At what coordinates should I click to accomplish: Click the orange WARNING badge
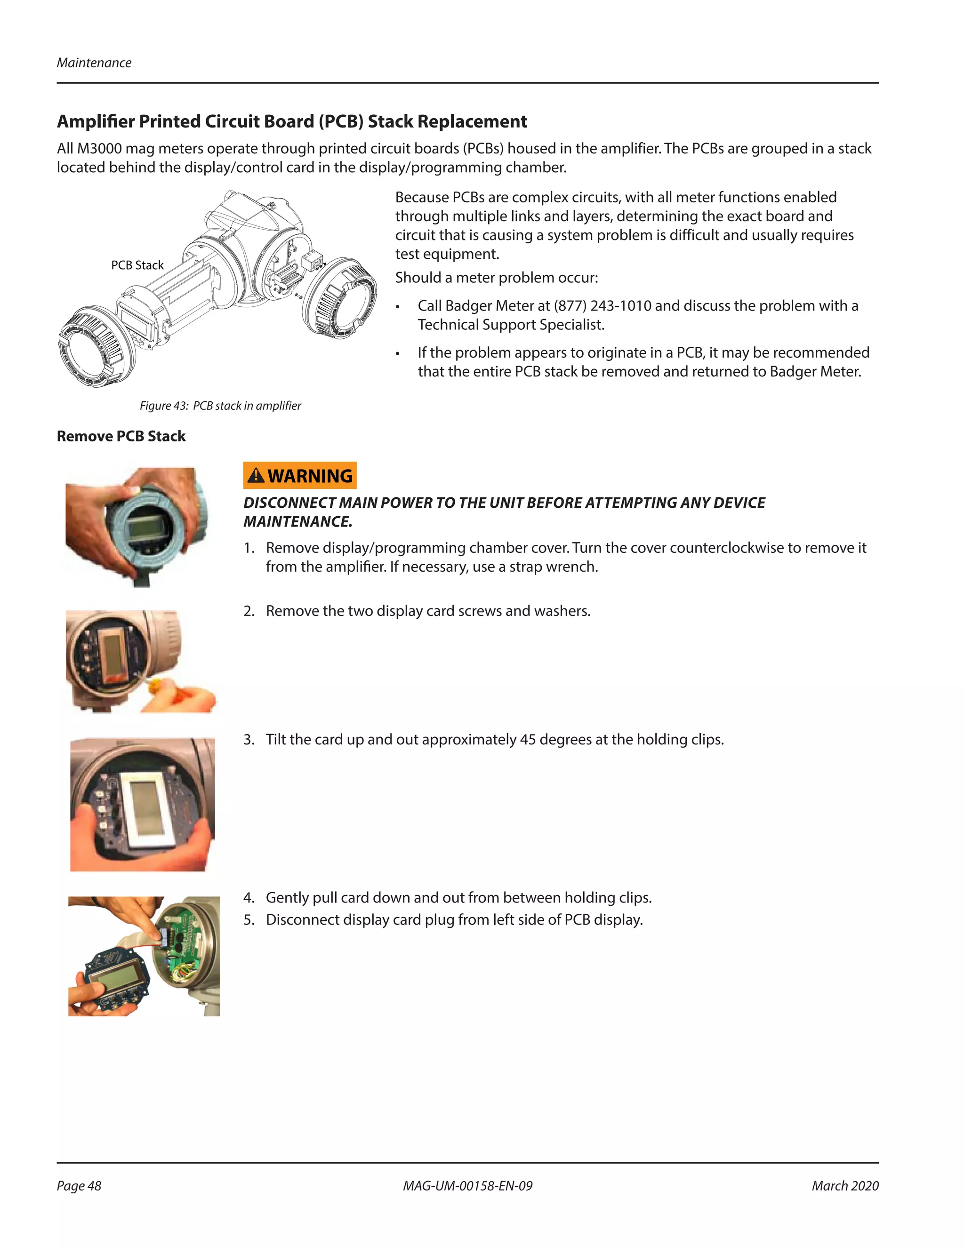point(300,475)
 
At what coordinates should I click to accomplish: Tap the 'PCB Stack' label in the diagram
point(137,265)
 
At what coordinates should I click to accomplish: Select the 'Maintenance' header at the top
point(94,63)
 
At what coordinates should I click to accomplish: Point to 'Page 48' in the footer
point(79,1185)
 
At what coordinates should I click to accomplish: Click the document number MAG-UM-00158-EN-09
point(468,1185)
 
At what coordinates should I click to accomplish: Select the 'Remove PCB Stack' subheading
point(121,436)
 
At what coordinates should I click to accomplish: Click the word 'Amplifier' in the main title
point(96,121)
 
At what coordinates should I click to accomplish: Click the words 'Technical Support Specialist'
point(511,324)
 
